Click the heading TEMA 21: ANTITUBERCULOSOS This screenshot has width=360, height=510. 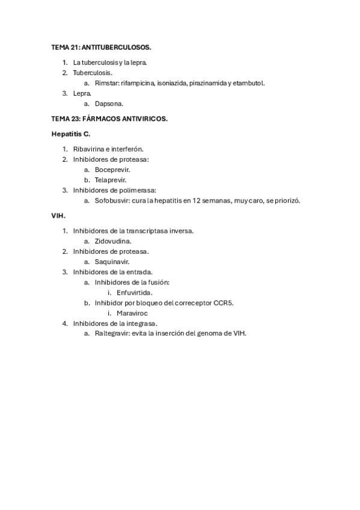tap(101, 46)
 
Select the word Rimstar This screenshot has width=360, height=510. tap(106, 83)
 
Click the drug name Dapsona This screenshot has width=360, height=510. tap(109, 103)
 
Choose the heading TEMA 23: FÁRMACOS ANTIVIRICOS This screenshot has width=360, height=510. tap(109, 119)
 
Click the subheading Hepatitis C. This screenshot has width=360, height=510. tap(71, 134)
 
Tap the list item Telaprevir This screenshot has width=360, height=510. tap(111, 180)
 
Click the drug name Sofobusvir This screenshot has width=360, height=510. tap(112, 200)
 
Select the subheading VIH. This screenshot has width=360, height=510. tap(58, 215)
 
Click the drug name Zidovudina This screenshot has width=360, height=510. tap(113, 241)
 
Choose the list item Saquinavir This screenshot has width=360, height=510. tap(112, 262)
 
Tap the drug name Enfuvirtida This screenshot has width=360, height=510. tap(135, 292)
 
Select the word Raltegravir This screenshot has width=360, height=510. tap(112, 333)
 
